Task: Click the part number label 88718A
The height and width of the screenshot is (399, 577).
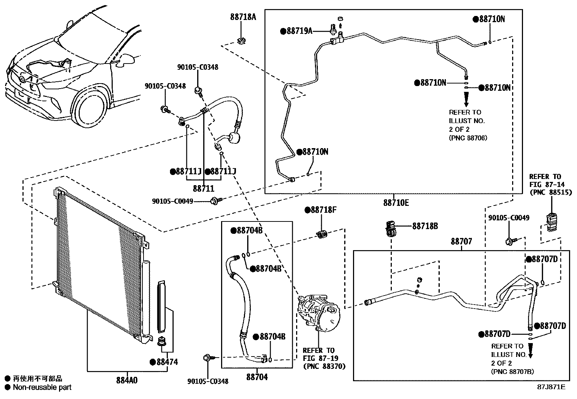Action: point(243,17)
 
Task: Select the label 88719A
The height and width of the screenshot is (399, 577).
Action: point(299,31)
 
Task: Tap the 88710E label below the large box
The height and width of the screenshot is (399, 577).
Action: point(396,203)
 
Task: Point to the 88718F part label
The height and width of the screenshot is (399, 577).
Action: point(324,210)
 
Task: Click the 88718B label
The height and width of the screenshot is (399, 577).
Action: point(425,226)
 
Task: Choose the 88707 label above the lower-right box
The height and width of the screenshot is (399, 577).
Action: point(461,241)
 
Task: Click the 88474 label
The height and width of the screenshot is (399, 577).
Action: point(167,362)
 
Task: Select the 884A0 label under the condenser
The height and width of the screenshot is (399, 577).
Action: point(127,380)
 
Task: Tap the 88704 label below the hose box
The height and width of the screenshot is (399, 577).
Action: point(257,377)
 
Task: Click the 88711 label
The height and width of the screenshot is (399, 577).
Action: point(203,189)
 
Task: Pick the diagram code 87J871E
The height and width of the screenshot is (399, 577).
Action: point(551,387)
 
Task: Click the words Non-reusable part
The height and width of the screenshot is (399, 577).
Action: point(42,387)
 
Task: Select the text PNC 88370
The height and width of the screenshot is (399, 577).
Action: point(324,366)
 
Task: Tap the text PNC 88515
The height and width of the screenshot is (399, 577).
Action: point(551,192)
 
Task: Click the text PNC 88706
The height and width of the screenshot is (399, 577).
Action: point(468,138)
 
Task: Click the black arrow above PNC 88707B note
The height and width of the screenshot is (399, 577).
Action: point(530,350)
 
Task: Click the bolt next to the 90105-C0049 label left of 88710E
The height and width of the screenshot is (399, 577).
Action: point(216,200)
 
